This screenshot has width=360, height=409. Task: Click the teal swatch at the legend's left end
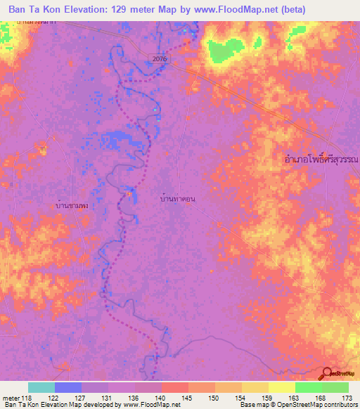click(41, 387)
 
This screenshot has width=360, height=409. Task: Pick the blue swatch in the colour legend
click(68, 387)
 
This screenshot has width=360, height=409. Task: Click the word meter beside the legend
click(10, 398)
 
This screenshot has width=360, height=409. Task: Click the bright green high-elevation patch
click(224, 51)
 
